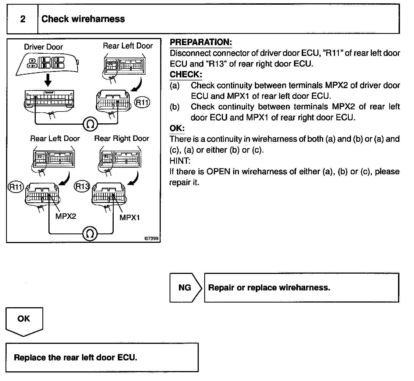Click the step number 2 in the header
pos(23,19)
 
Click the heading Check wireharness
pos(83,19)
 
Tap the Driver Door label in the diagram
pos(43,47)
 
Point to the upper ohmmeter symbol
pos(90,125)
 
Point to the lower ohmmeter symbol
pos(90,234)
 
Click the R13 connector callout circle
pos(82,186)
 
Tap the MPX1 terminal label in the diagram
pos(129,217)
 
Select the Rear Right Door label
pos(122,138)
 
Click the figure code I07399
pos(151,239)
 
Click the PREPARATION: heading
pos(201,42)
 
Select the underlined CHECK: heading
pos(186,74)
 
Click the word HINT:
pos(180,160)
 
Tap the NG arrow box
pos(185,288)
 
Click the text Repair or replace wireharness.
pos(269,288)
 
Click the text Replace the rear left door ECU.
pos(75,358)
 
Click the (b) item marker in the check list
pos(175,107)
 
